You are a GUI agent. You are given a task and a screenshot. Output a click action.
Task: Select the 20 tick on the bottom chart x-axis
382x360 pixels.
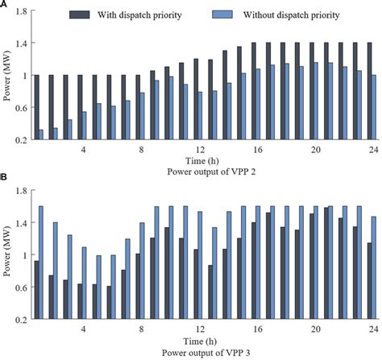pos(315,330)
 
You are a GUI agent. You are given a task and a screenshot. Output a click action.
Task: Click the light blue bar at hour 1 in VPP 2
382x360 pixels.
pos(40,134)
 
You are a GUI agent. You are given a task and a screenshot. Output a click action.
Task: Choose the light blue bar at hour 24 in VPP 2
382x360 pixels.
pos(374,107)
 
